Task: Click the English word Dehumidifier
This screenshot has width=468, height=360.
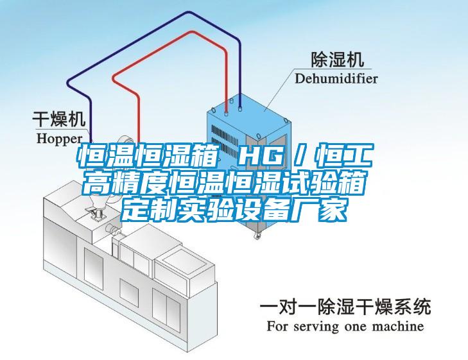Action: (336, 79)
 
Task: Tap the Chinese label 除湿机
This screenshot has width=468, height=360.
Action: (338, 59)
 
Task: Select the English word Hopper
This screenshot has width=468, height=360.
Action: (60, 139)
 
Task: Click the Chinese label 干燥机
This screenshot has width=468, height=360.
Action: (59, 119)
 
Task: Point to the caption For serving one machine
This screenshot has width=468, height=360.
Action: (345, 326)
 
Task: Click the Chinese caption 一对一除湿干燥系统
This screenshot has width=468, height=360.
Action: (345, 307)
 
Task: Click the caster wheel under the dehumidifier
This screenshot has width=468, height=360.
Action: (257, 236)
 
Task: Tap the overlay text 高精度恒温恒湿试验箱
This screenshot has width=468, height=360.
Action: (224, 182)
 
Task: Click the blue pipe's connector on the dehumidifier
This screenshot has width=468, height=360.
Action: (240, 106)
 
